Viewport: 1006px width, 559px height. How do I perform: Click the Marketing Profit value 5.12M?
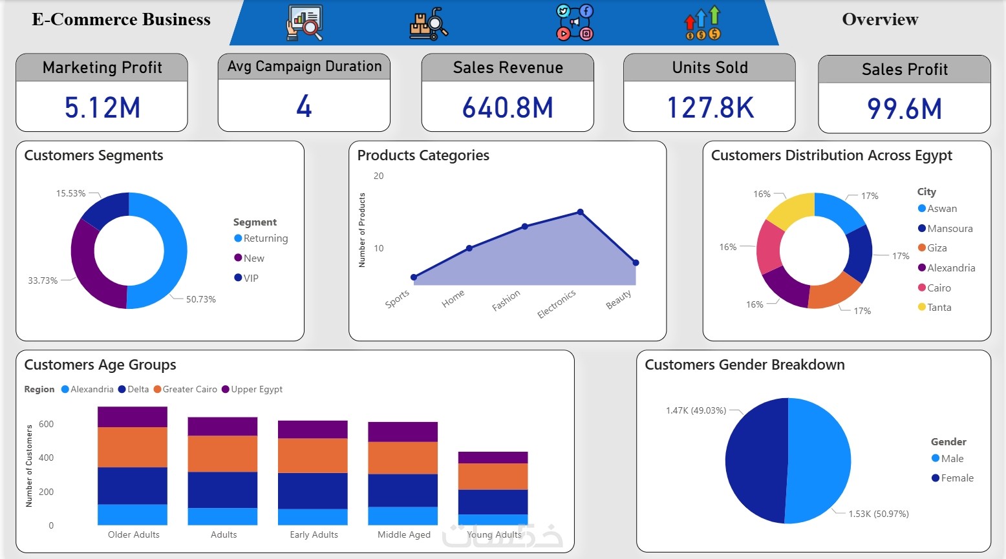click(x=102, y=107)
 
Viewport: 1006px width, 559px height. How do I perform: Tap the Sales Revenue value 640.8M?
click(x=508, y=107)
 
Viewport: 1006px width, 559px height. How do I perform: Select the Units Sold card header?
click(x=709, y=67)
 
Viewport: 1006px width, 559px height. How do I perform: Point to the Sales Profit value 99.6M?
click(x=904, y=109)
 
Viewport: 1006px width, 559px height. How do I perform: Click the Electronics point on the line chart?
click(x=580, y=212)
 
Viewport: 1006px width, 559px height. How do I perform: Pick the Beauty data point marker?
click(x=636, y=262)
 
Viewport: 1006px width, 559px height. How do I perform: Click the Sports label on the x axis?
click(x=397, y=299)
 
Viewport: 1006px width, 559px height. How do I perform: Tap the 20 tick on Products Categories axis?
click(x=378, y=176)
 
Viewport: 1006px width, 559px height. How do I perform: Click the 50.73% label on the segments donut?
click(x=200, y=299)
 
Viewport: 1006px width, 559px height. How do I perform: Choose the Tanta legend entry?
click(x=935, y=308)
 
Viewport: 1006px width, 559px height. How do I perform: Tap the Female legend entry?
click(x=952, y=478)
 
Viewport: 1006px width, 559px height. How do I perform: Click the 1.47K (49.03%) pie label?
click(x=696, y=410)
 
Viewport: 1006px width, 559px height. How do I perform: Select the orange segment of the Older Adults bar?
click(x=133, y=447)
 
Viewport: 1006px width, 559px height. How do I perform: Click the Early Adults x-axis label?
click(x=314, y=534)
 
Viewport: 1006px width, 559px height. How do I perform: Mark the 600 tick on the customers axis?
click(x=46, y=424)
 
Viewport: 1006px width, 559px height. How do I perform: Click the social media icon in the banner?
click(x=574, y=23)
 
